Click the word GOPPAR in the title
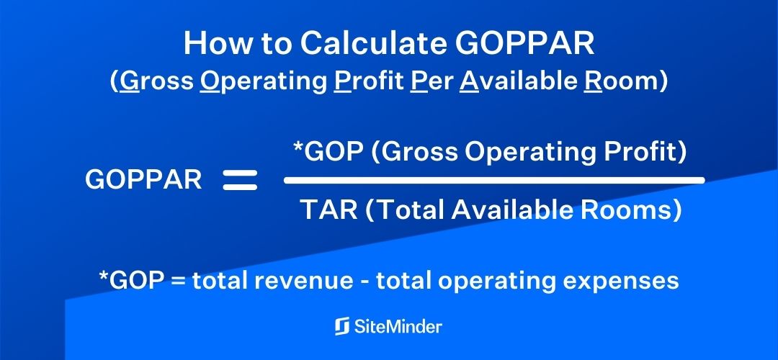(526, 44)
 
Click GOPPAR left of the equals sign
(143, 180)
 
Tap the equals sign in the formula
(240, 180)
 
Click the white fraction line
(493, 180)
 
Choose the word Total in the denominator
(411, 210)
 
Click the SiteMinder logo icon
(342, 326)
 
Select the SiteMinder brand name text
(398, 326)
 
